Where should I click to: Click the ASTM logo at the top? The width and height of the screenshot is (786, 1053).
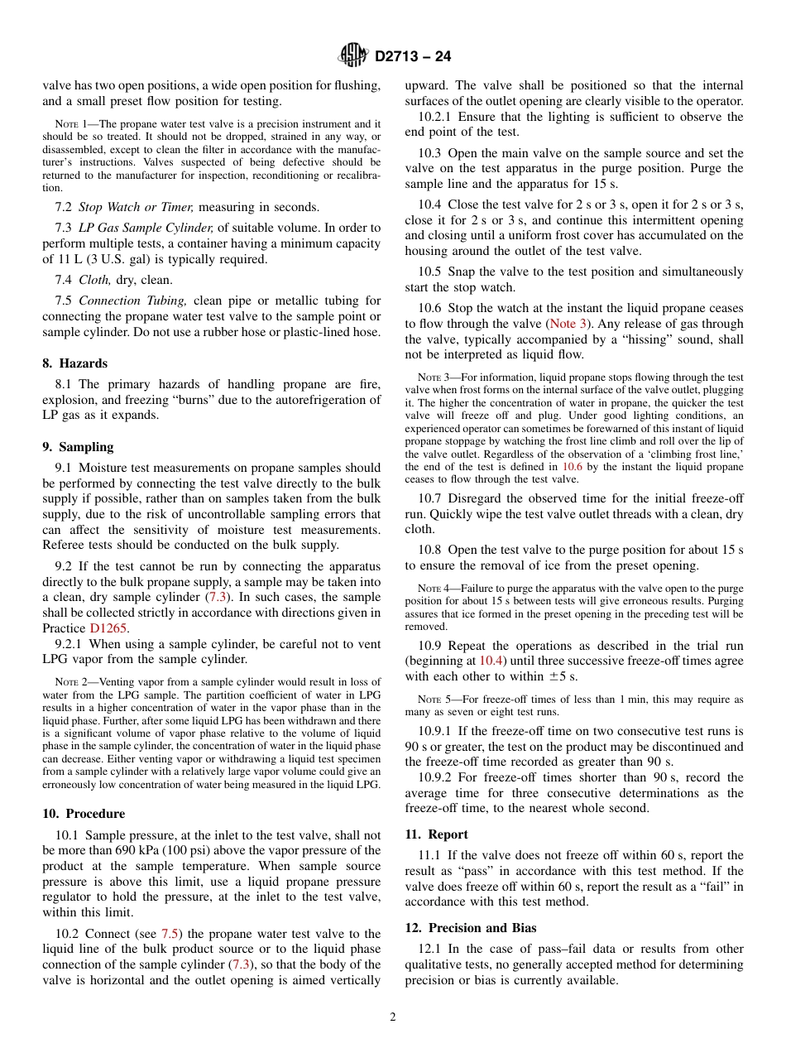pos(352,56)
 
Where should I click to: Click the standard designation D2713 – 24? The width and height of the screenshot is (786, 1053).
pos(413,57)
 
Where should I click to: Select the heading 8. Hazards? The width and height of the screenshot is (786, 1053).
pos(75,363)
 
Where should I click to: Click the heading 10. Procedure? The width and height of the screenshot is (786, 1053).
pos(84,814)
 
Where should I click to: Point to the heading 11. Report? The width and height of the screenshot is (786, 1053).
pos(436,834)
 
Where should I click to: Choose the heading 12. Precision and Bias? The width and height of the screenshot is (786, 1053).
pos(471,928)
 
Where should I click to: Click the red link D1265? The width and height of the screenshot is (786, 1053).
pos(108,628)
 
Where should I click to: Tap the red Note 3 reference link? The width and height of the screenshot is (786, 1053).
pos(568,325)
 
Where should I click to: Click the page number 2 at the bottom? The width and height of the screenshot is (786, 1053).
pos(393,1017)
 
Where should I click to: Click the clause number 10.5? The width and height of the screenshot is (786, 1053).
pos(429,272)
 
